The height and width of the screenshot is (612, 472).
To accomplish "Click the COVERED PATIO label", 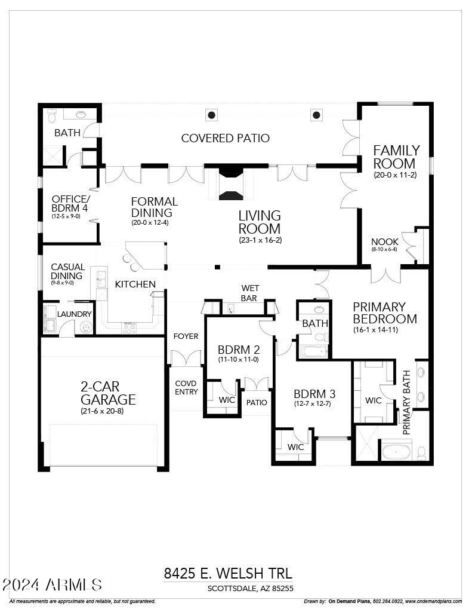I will tap(226, 138).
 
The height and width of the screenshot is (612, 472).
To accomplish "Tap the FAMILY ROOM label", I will tap(396, 157).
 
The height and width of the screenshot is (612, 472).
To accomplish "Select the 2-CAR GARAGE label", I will tap(109, 393).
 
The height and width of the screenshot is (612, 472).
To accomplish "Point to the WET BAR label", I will tap(250, 293).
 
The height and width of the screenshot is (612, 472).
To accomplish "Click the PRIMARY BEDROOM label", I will tap(384, 313).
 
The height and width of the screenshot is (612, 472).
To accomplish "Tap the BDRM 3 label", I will tap(314, 394).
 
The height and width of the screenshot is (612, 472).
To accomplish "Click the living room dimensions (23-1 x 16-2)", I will tap(260, 240).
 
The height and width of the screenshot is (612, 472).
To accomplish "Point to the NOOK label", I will tap(385, 242).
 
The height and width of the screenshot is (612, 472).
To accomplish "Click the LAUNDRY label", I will tap(75, 314).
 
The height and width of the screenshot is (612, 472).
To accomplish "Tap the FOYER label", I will tap(186, 336).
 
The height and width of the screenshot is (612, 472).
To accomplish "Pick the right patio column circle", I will tap(316, 115).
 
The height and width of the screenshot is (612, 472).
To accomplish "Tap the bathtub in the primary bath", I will tap(397, 451).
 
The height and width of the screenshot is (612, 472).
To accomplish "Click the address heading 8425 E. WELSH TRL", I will tap(228, 574).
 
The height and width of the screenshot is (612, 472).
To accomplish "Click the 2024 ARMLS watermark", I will tap(53, 584).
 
